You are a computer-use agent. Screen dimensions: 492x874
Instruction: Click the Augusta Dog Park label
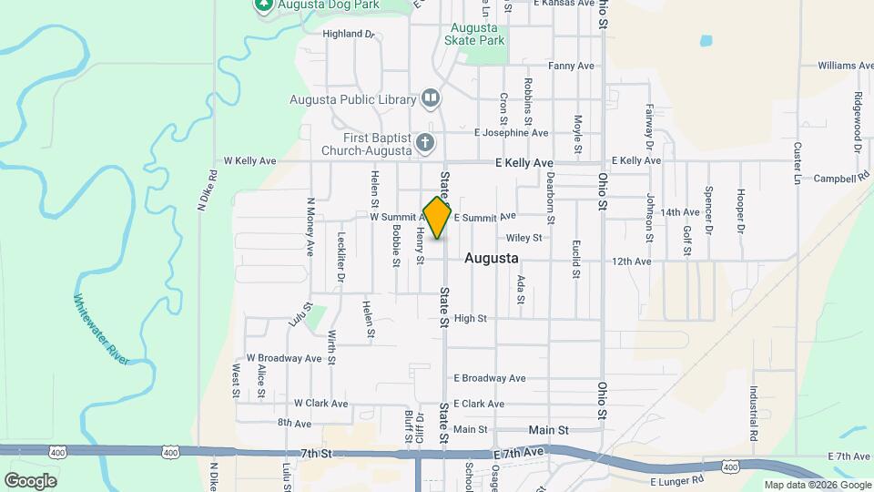click(x=315, y=5)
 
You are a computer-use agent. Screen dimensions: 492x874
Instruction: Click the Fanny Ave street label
click(x=571, y=66)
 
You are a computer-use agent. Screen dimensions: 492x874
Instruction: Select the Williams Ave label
click(x=845, y=66)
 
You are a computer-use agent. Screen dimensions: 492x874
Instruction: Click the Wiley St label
click(x=524, y=238)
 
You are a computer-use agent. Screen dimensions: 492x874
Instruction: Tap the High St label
click(x=471, y=318)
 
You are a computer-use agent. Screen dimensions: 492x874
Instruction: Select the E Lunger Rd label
click(x=678, y=480)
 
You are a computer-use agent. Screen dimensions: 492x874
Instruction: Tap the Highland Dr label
click(x=349, y=34)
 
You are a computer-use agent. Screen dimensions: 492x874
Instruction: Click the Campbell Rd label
click(x=840, y=179)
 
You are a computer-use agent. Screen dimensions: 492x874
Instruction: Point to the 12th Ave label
click(x=632, y=261)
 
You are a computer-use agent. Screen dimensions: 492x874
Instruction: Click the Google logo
click(x=30, y=480)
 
